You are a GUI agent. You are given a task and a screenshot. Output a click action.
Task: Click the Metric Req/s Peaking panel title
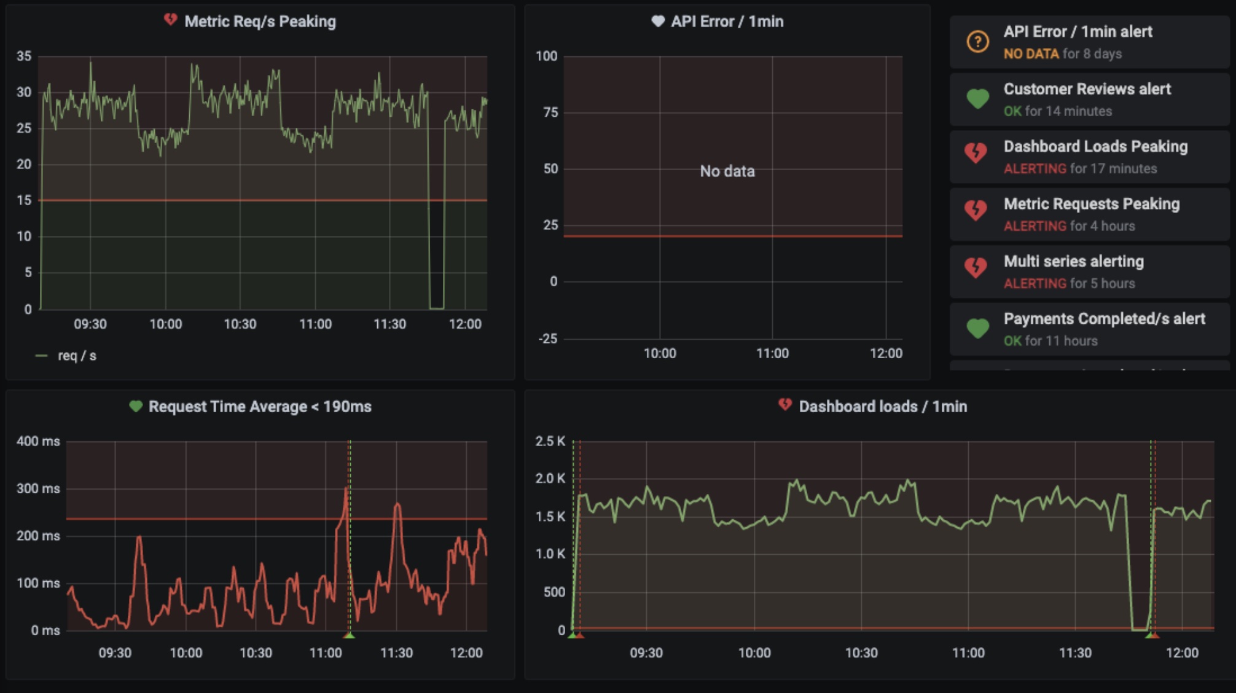[260, 22]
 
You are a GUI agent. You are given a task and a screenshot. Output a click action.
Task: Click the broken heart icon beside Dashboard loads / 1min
[784, 405]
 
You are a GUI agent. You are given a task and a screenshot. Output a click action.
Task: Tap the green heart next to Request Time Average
[136, 406]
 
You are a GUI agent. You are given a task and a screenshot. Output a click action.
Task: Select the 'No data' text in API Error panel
[727, 171]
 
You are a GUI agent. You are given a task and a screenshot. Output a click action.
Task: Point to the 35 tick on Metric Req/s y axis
[24, 57]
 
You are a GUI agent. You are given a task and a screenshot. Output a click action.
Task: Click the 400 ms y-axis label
[38, 441]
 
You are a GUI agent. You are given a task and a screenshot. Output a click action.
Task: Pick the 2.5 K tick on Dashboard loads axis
[550, 441]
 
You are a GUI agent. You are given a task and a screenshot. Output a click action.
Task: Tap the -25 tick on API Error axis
[548, 339]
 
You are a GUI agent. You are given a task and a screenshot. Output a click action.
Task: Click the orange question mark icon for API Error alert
[977, 42]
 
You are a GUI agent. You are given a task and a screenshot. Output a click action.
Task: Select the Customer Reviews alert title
[1087, 89]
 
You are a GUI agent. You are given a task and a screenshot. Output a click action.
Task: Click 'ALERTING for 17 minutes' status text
[1080, 169]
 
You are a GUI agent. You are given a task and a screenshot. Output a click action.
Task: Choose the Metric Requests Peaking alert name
[1092, 204]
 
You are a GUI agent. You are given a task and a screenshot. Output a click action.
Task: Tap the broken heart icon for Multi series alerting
[976, 268]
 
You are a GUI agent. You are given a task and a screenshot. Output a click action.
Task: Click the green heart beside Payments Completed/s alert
[977, 329]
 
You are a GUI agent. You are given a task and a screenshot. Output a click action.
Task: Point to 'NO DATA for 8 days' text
[1062, 54]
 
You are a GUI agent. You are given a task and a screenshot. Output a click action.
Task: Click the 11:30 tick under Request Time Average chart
[396, 653]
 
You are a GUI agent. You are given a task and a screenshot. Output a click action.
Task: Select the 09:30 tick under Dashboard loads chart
[646, 653]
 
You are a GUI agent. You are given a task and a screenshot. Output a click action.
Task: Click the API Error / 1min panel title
[727, 22]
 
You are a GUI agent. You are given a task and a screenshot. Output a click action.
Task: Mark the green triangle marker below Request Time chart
[349, 635]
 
